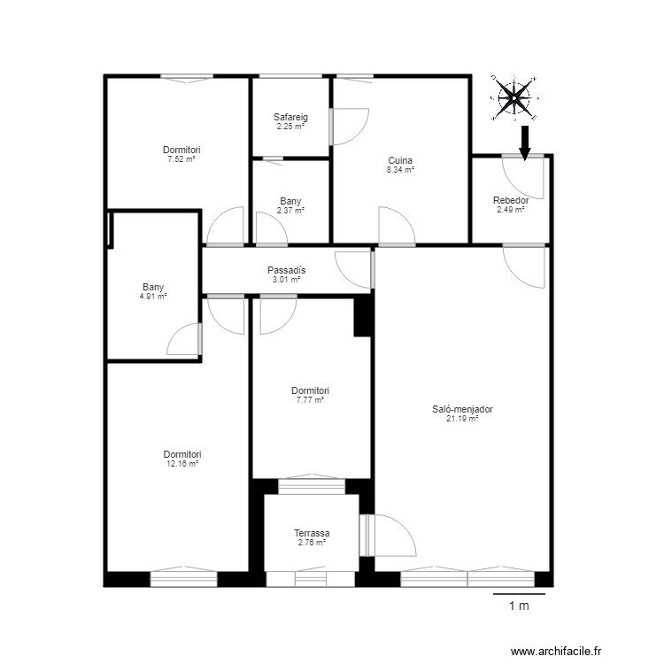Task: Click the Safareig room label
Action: (x=290, y=117)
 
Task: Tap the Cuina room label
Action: (x=400, y=160)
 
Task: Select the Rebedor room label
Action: (x=511, y=200)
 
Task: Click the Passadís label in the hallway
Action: (x=286, y=270)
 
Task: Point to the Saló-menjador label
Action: (x=462, y=410)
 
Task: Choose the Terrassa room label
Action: (x=312, y=533)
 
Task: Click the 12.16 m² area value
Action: (x=181, y=464)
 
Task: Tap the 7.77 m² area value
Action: (x=310, y=400)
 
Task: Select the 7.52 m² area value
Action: (x=181, y=159)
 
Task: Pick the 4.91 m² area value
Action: (x=153, y=297)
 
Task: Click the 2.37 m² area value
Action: (x=290, y=211)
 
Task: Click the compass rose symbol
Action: (x=513, y=97)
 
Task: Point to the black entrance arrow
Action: (x=525, y=142)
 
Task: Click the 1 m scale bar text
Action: (x=519, y=606)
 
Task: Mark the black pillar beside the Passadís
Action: (x=363, y=316)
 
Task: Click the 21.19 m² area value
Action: (x=462, y=419)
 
